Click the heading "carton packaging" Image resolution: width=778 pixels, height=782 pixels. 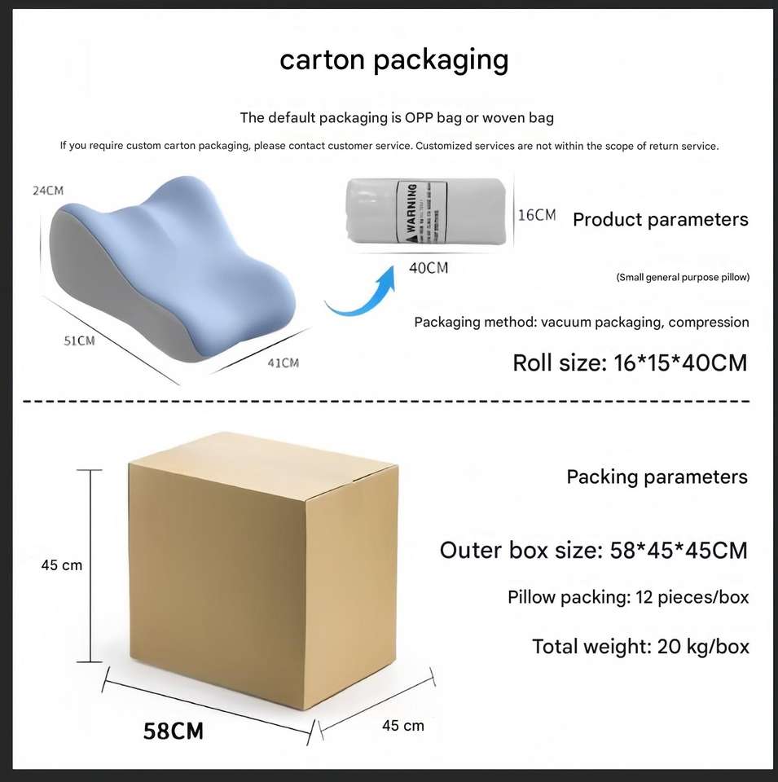393,60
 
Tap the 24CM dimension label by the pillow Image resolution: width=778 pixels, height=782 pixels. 47,191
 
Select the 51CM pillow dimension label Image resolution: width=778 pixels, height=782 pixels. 79,340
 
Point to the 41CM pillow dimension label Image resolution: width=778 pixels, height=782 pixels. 283,362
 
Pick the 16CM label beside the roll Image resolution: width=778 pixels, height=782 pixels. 538,215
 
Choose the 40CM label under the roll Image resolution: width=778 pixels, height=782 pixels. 428,268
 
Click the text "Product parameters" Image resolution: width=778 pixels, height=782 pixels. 660,219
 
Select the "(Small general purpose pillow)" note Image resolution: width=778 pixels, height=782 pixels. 683,278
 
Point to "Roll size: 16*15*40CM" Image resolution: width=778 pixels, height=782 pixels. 629,362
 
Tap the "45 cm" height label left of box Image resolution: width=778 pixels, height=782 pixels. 62,565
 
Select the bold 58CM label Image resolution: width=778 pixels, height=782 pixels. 174,731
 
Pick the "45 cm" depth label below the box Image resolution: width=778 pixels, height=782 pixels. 402,725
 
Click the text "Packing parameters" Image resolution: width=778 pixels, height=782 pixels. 657,477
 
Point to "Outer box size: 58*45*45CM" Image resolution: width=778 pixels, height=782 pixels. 593,551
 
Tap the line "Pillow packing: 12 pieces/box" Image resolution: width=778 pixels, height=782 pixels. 627,597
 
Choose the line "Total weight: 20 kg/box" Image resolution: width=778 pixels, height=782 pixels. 640,647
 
